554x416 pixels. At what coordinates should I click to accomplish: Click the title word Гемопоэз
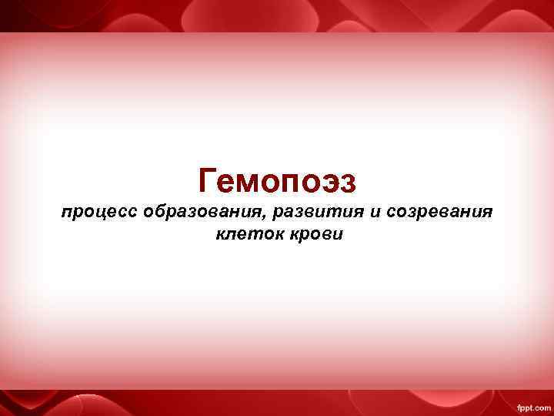pyautogui.click(x=277, y=182)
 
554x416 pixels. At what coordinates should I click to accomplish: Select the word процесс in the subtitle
pyautogui.click(x=99, y=212)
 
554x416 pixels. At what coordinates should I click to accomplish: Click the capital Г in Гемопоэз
pyautogui.click(x=208, y=182)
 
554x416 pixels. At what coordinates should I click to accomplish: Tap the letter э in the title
pyautogui.click(x=323, y=183)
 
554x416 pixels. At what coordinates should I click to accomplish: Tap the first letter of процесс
pyautogui.click(x=68, y=213)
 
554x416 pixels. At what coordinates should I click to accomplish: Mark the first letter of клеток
pyautogui.click(x=222, y=234)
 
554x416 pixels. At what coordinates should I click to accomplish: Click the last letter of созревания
pyautogui.click(x=486, y=212)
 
